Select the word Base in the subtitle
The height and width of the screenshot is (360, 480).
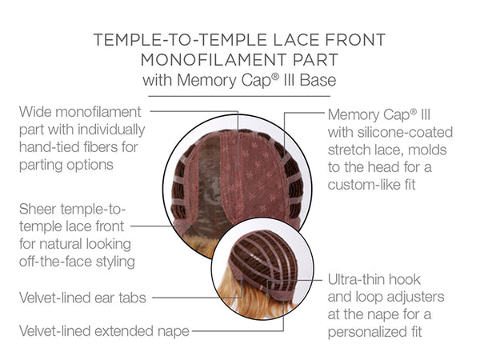pos(318,80)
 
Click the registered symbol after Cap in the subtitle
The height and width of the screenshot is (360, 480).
pos(275,76)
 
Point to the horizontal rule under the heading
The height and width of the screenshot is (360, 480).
pos(239,96)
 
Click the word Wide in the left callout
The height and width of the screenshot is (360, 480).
pos(35,112)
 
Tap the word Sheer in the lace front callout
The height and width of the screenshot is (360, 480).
pos(38,209)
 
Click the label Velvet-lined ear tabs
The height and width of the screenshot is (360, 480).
pos(82,298)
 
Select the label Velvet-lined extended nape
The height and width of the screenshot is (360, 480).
pos(104,331)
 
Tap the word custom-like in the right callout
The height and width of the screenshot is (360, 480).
pos(362,185)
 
